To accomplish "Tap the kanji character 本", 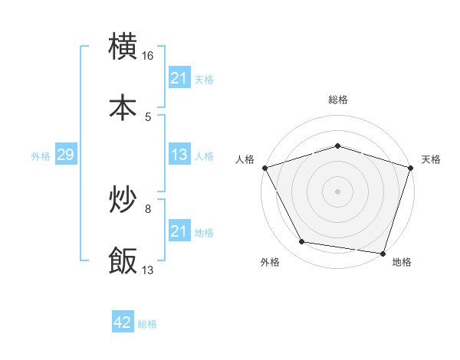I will tap(123, 108).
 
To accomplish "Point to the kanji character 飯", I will tap(123, 260).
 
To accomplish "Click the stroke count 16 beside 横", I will tap(148, 56).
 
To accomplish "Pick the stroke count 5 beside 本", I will tap(148, 117).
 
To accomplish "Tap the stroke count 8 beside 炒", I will tap(148, 208).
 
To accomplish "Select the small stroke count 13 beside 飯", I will tap(148, 270).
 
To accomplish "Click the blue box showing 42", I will tap(123, 322).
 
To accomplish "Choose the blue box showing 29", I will tap(65, 155).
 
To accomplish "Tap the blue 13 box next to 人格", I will tap(179, 155).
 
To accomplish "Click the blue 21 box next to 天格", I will tap(179, 78).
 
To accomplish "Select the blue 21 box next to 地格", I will tap(179, 231).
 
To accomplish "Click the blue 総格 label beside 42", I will tap(147, 324).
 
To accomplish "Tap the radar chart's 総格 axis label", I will tap(337, 100).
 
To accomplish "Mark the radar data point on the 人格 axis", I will tap(264, 168).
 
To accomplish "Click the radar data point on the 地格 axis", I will tap(383, 253).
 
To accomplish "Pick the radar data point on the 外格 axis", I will tap(302, 242).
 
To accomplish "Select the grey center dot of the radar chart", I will tap(337, 191).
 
